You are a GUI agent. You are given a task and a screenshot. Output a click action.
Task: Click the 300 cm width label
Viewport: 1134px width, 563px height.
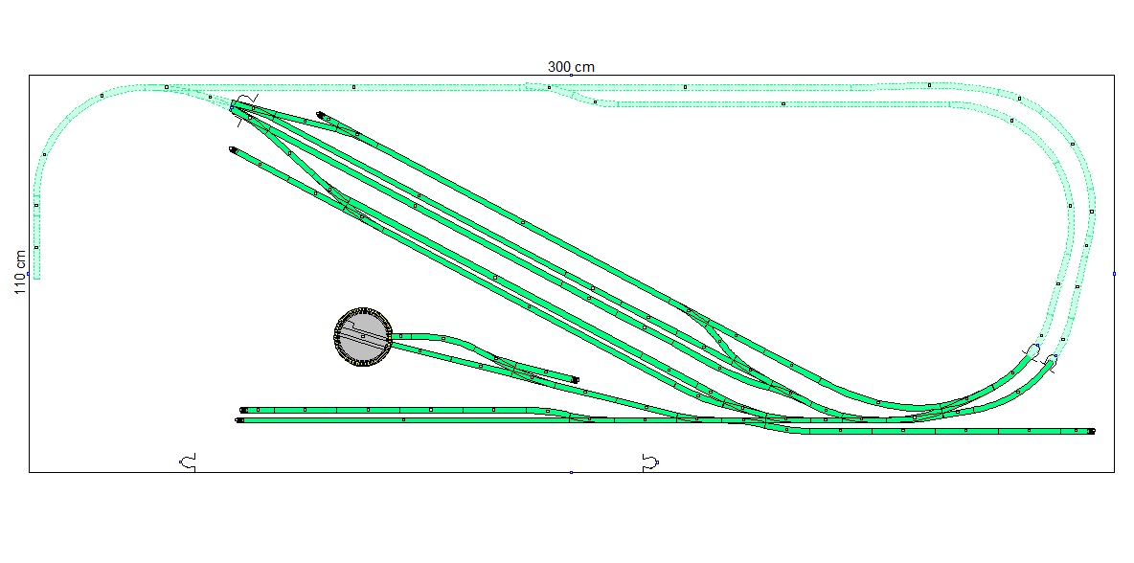[571, 66]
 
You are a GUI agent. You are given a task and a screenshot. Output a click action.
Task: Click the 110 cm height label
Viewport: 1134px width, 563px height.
[20, 273]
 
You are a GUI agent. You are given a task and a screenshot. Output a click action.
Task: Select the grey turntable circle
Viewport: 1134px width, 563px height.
[362, 336]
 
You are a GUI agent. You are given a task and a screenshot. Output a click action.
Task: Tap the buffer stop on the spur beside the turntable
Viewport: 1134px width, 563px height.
[576, 379]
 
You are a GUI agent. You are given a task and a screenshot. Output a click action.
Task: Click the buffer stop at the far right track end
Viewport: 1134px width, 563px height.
[1091, 431]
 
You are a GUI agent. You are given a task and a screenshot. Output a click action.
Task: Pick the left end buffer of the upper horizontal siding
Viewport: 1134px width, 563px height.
[243, 410]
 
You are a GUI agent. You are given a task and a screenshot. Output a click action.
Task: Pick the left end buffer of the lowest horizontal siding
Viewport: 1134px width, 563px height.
[239, 420]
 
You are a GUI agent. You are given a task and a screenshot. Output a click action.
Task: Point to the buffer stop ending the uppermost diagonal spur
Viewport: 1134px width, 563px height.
[320, 114]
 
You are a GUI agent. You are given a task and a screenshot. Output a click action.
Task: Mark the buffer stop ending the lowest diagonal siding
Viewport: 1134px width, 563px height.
[233, 150]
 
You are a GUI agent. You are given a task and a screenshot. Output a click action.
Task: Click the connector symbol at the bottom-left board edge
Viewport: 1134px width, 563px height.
[188, 462]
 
